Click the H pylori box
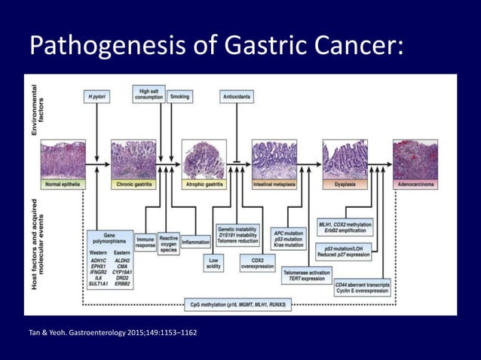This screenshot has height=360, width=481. pyautogui.click(x=97, y=96)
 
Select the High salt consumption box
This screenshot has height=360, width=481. pyautogui.click(x=148, y=94)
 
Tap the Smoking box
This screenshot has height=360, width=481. pyautogui.click(x=180, y=96)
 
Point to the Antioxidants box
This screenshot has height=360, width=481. pyautogui.click(x=237, y=96)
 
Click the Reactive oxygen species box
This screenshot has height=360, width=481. pyautogui.click(x=169, y=243)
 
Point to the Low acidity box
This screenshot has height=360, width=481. pyautogui.click(x=213, y=261)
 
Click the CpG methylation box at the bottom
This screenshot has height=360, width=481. pyautogui.click(x=240, y=304)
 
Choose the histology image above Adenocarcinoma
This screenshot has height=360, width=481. pyautogui.click(x=414, y=159)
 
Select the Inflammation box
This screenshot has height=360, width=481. pyautogui.click(x=195, y=243)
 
